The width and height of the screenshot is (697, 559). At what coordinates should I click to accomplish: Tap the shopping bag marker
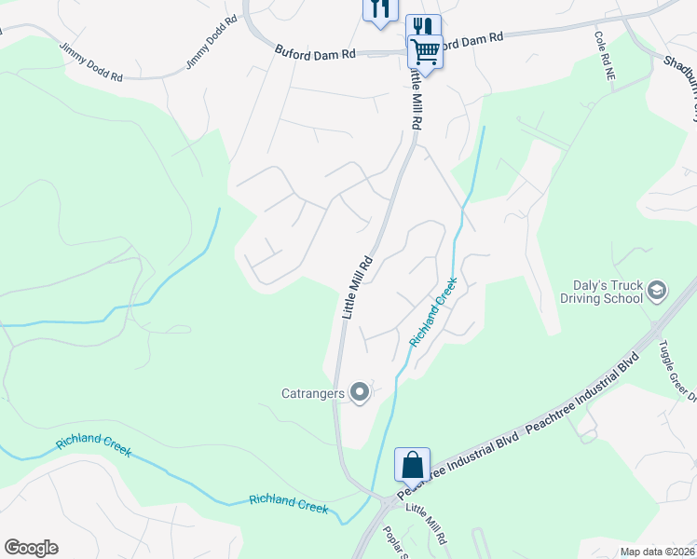[412, 464]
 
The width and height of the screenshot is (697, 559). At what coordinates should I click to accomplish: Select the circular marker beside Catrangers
[360, 393]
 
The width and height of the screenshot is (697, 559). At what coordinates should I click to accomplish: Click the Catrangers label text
[313, 393]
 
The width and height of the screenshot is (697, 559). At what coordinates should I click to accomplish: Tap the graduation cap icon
[656, 292]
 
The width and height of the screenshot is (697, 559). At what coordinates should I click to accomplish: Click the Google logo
[31, 548]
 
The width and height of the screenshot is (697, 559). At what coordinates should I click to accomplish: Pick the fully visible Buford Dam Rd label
[316, 54]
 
